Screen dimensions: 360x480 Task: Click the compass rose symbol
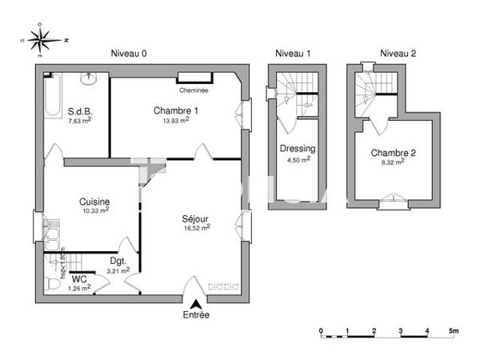pyautogui.click(x=42, y=39)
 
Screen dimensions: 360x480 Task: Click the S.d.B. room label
pyautogui.click(x=79, y=111)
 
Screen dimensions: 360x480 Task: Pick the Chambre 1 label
pyautogui.click(x=172, y=110)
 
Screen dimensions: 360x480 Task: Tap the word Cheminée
pyautogui.click(x=194, y=90)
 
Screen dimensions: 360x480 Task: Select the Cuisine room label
pyautogui.click(x=94, y=202)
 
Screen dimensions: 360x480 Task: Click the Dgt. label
pyautogui.click(x=117, y=261)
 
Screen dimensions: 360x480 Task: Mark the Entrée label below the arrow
pyautogui.click(x=196, y=315)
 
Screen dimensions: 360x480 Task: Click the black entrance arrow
pyautogui.click(x=196, y=302)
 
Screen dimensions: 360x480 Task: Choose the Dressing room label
pyautogui.click(x=297, y=149)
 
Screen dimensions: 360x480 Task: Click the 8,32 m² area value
pyautogui.click(x=392, y=161)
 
